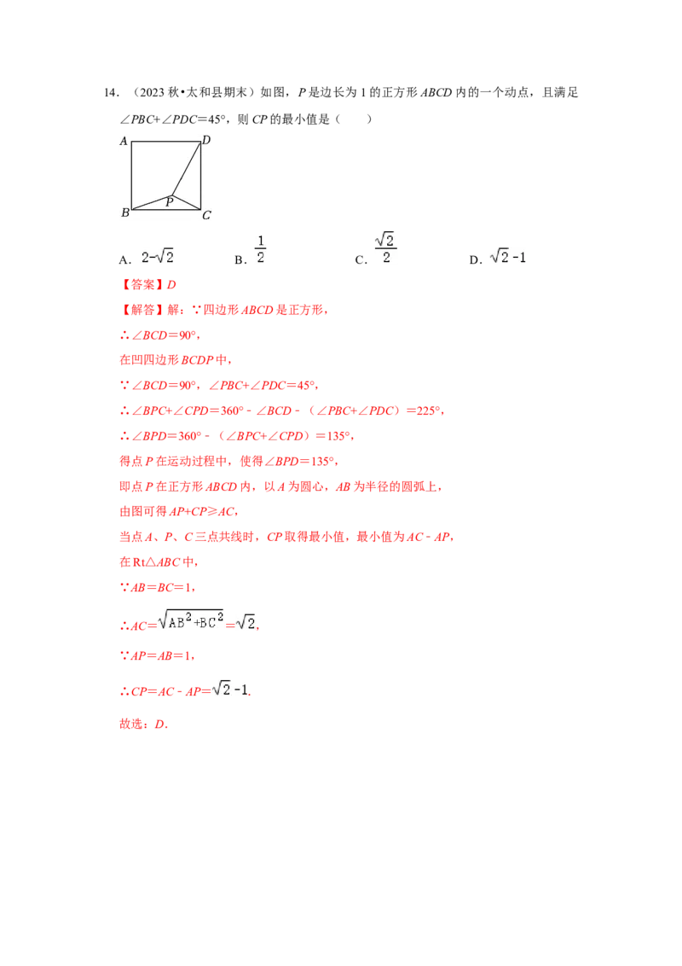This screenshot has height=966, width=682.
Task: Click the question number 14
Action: point(111,93)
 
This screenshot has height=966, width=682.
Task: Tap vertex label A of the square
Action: point(123,141)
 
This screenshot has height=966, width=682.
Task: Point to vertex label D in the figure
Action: point(206,140)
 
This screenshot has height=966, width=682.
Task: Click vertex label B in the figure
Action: point(125,212)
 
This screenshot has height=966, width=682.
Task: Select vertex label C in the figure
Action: point(206,215)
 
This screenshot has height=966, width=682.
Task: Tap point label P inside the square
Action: point(170,201)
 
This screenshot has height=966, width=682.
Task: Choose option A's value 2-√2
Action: point(158,257)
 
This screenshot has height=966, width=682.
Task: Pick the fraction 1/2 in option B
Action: point(260,249)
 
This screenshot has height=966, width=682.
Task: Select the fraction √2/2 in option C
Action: point(385,247)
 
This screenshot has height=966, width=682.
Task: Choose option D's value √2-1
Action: point(508,257)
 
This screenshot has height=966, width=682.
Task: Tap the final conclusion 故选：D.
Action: point(143,724)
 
